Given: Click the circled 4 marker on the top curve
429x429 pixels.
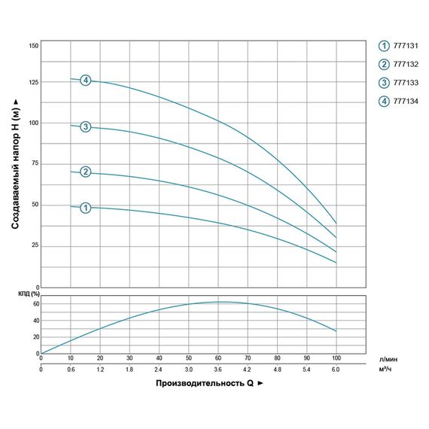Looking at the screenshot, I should [86, 81].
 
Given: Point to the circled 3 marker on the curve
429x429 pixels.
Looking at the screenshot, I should [86, 126].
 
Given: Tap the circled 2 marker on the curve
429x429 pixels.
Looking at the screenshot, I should [86, 172].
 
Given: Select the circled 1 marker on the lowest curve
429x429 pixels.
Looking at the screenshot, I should [86, 207].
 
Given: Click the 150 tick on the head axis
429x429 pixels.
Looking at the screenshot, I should [33, 46].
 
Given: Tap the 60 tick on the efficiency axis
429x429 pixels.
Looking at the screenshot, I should [35, 304].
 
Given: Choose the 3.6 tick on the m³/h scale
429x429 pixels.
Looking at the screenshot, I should [218, 370].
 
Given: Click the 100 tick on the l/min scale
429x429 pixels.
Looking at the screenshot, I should [336, 359].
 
